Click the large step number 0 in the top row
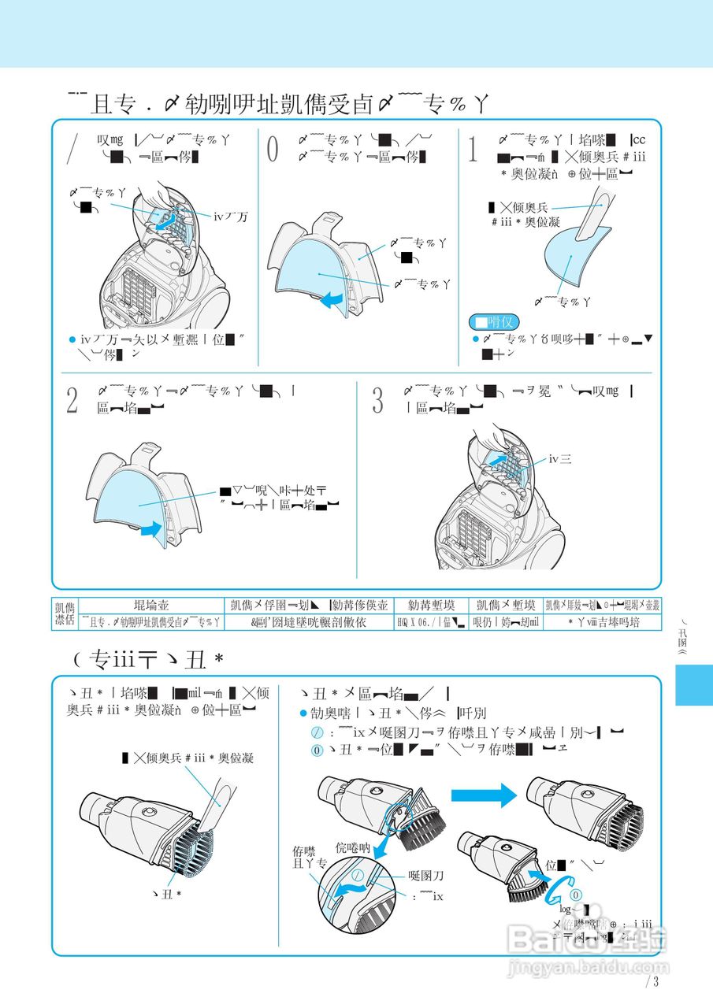273,149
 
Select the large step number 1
473,149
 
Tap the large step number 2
72,400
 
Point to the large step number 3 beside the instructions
377,400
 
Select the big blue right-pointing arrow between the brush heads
482,795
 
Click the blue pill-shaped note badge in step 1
493,322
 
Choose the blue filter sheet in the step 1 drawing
571,252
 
